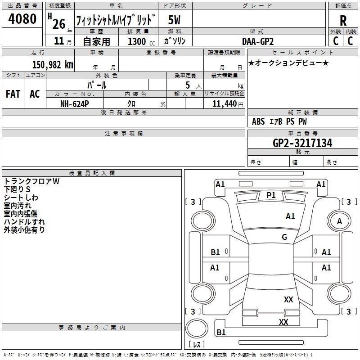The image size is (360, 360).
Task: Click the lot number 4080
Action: pyautogui.click(x=22, y=19)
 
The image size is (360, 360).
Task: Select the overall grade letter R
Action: pyautogui.click(x=343, y=21)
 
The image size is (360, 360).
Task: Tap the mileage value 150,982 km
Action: pyautogui.click(x=53, y=65)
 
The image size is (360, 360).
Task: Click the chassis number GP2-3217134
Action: pyautogui.click(x=302, y=143)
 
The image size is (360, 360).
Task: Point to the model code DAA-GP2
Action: pyautogui.click(x=258, y=41)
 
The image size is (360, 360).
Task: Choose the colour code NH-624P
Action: pyautogui.click(x=74, y=104)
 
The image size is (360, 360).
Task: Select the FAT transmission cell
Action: pyautogui.click(x=13, y=94)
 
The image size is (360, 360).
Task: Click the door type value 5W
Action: pyautogui.click(x=174, y=20)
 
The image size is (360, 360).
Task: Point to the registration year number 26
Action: pyautogui.click(x=59, y=24)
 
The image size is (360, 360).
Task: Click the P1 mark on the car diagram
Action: pyautogui.click(x=271, y=195)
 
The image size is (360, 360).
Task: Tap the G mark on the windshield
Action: pyautogui.click(x=284, y=237)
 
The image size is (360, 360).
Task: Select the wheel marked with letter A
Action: pyautogui.click(x=339, y=221)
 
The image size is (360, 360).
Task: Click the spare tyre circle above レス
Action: pyautogui.click(x=197, y=328)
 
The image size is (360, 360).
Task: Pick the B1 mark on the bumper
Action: pyautogui.click(x=221, y=332)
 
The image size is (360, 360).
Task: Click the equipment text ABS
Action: pyautogui.click(x=258, y=121)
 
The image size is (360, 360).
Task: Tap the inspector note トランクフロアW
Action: pyautogui.click(x=31, y=181)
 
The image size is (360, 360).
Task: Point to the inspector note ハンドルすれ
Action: pyautogui.click(x=24, y=222)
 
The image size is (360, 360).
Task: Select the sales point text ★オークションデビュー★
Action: pyautogui.click(x=288, y=63)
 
